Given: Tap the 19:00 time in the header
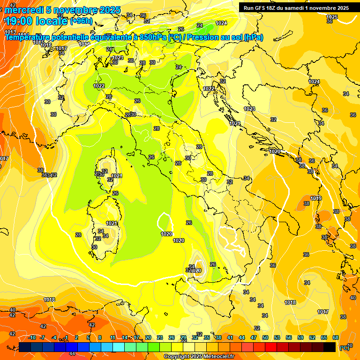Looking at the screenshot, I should (20, 21).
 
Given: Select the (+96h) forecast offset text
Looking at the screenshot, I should (81, 22).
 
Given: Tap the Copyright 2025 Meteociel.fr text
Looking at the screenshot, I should (199, 356).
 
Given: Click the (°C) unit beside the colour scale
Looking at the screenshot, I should (344, 348).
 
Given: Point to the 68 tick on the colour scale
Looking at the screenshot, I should (336, 337).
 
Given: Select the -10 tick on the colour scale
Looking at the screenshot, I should (32, 337).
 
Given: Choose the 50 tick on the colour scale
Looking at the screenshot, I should (265, 337).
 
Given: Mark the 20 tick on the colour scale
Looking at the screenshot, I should (148, 337).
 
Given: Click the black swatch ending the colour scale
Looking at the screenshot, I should (330, 347).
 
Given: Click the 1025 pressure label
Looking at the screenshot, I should (332, 17).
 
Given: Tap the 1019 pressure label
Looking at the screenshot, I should (316, 198).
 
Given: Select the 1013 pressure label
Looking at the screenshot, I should (10, 32).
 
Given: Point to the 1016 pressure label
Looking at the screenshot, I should (46, 45).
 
